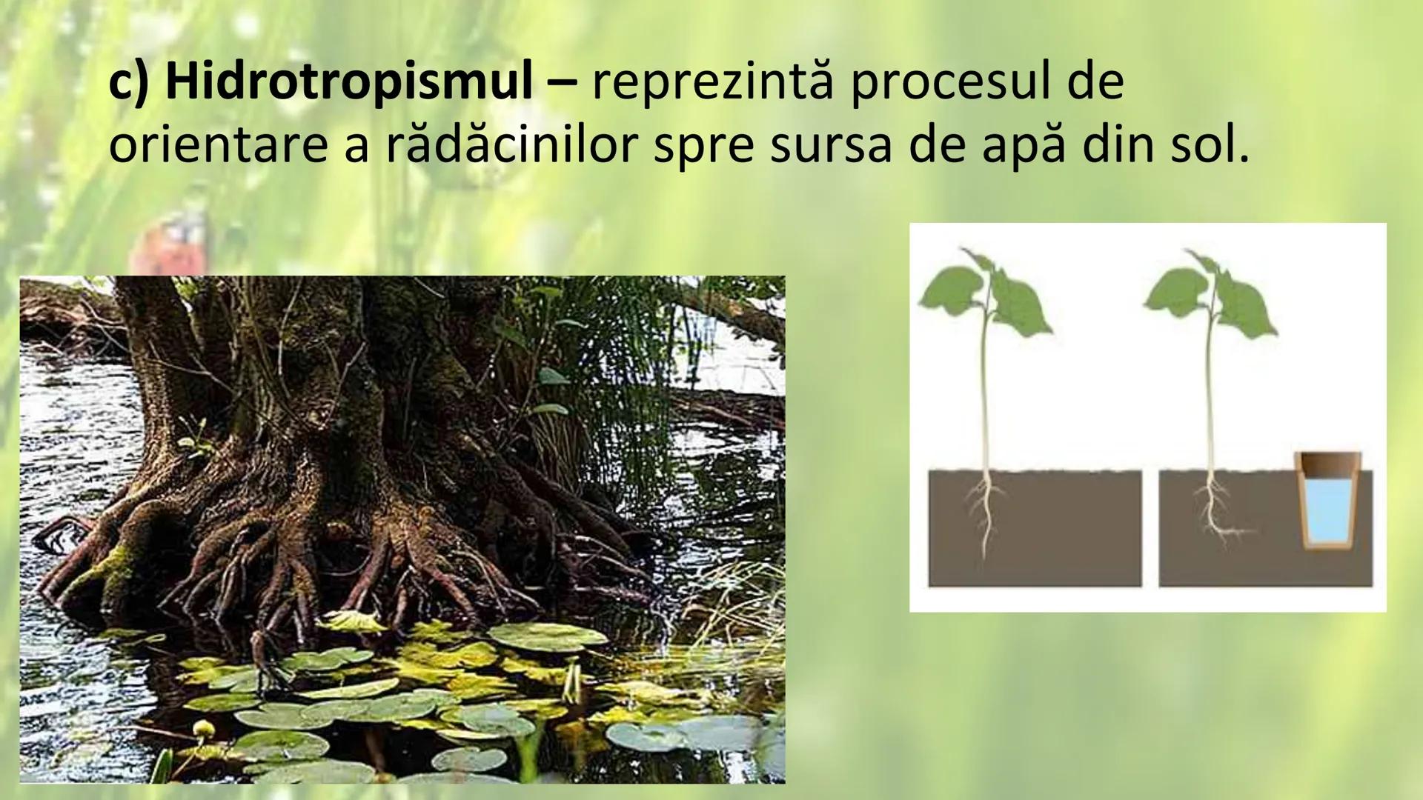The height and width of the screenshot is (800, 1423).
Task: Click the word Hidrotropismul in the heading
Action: (348, 82)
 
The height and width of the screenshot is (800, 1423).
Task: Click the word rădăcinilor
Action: (511, 146)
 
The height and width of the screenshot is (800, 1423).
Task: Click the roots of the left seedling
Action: (985, 511)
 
